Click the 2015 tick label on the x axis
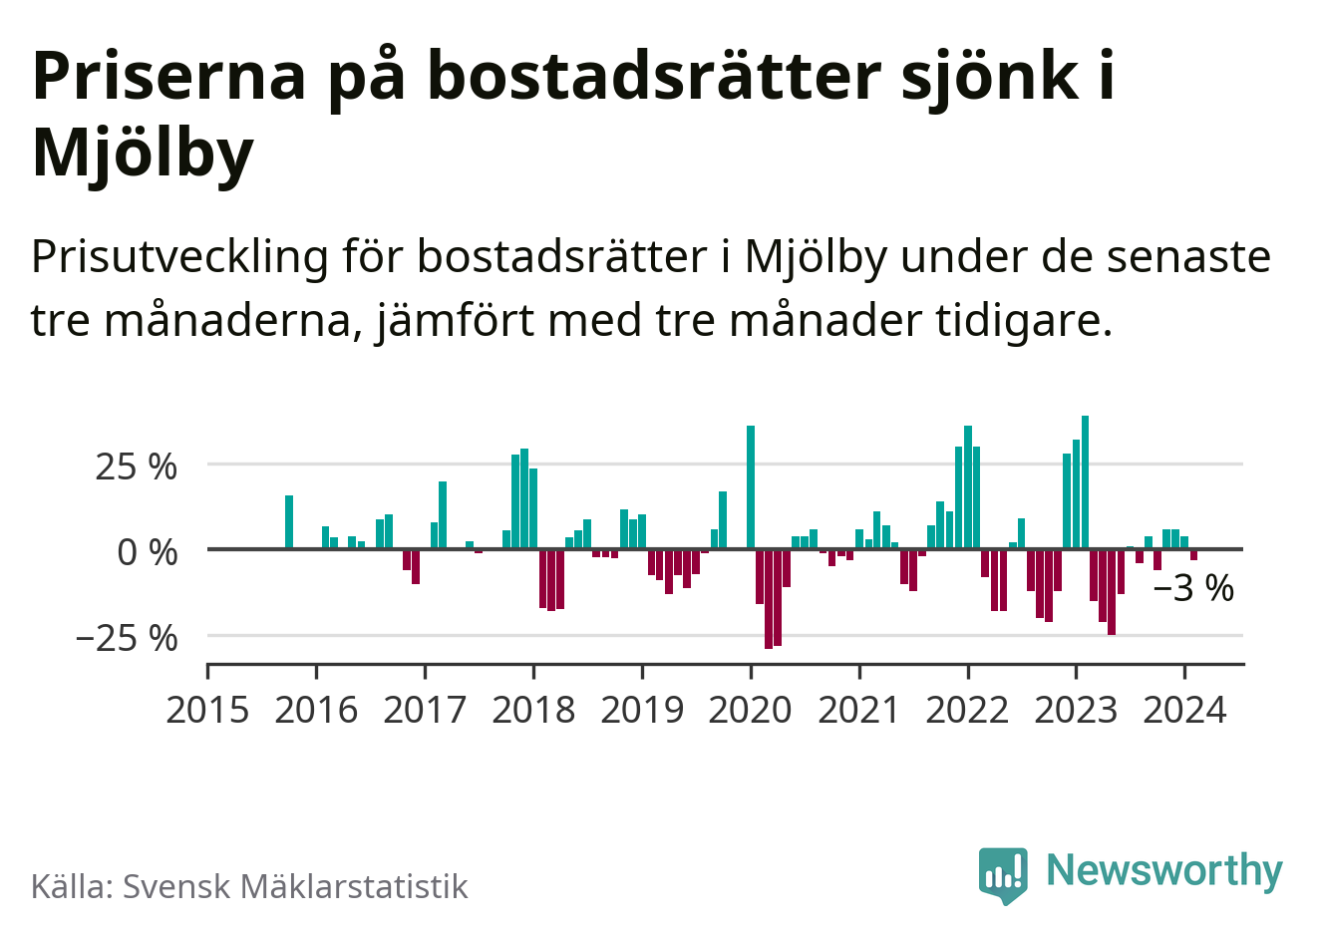(206, 710)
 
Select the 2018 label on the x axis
(533, 710)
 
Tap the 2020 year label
(751, 710)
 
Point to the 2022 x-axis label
(967, 710)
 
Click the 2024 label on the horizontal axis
(1184, 710)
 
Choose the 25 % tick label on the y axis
(136, 467)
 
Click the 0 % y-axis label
(147, 551)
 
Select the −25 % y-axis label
(127, 637)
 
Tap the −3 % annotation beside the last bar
(1193, 589)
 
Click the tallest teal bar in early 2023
(1085, 482)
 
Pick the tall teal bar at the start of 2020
(751, 487)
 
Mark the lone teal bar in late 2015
(289, 522)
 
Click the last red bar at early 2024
(1193, 554)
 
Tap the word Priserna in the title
(168, 76)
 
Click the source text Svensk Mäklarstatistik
(295, 886)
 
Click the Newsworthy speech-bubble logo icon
(1003, 874)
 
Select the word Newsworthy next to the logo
(1163, 870)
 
